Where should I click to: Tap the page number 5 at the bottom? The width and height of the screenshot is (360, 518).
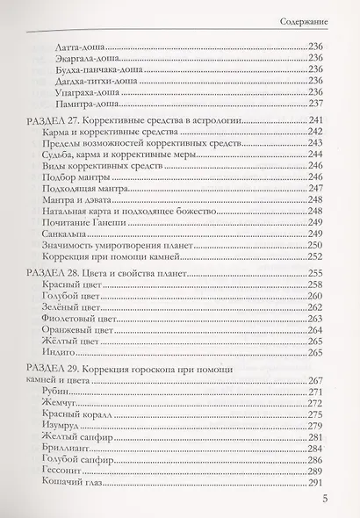pos(324,500)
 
